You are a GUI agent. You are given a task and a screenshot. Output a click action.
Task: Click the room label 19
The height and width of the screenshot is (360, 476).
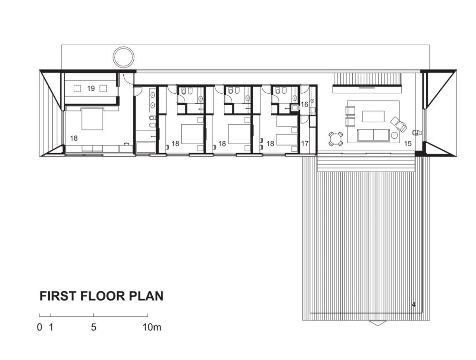pyautogui.click(x=91, y=88)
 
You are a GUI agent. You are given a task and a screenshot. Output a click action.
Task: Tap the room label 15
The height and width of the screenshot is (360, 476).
pyautogui.click(x=408, y=144)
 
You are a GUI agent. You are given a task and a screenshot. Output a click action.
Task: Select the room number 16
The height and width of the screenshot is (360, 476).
pyautogui.click(x=304, y=104)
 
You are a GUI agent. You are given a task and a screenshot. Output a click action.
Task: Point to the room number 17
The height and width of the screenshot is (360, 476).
pyautogui.click(x=305, y=144)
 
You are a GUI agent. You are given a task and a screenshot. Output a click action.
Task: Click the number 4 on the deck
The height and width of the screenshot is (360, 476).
pyautogui.click(x=414, y=304)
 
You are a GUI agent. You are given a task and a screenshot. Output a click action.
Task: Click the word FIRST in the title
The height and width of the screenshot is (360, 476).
pyautogui.click(x=58, y=296)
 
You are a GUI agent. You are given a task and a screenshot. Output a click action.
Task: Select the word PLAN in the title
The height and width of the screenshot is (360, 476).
pyautogui.click(x=147, y=296)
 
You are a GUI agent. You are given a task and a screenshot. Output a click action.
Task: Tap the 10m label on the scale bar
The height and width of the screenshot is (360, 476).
pyautogui.click(x=152, y=327)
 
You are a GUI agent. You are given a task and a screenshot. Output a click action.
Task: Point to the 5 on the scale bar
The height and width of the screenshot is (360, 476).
pyautogui.click(x=93, y=327)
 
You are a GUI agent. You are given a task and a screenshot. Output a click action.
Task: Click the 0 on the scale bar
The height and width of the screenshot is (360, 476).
pyautogui.click(x=40, y=327)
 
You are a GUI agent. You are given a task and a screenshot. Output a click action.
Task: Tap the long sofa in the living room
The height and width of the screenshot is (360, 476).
pyautogui.click(x=373, y=135)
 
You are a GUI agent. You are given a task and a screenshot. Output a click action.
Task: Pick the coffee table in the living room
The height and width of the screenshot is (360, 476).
pyautogui.click(x=373, y=116)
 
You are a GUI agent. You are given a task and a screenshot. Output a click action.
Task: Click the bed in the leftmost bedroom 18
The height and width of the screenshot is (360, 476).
pyautogui.click(x=93, y=119)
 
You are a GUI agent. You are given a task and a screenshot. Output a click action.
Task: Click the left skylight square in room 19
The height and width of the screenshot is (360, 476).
pyautogui.click(x=77, y=88)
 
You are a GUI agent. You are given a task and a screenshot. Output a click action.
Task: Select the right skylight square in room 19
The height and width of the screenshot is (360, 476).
pyautogui.click(x=103, y=88)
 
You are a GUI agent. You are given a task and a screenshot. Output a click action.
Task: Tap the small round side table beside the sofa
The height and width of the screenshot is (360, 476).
pyautogui.click(x=394, y=135)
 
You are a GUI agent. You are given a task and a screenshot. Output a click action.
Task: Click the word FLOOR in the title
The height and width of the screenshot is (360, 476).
pyautogui.click(x=103, y=296)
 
